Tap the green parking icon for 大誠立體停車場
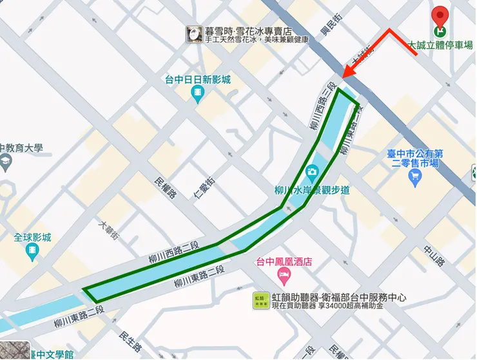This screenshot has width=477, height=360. point(441,30)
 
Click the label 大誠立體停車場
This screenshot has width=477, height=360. point(440,45)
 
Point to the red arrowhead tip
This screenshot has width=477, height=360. point(344,77)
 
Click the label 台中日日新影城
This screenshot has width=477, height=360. point(198,80)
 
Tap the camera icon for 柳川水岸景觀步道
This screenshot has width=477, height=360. point(312,171)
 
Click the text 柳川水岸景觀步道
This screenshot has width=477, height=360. point(311,190)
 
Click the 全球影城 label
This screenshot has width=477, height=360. point(32,238)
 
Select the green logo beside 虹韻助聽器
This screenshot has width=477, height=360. point(261,301)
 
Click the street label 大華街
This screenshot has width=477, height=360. point(108,231)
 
